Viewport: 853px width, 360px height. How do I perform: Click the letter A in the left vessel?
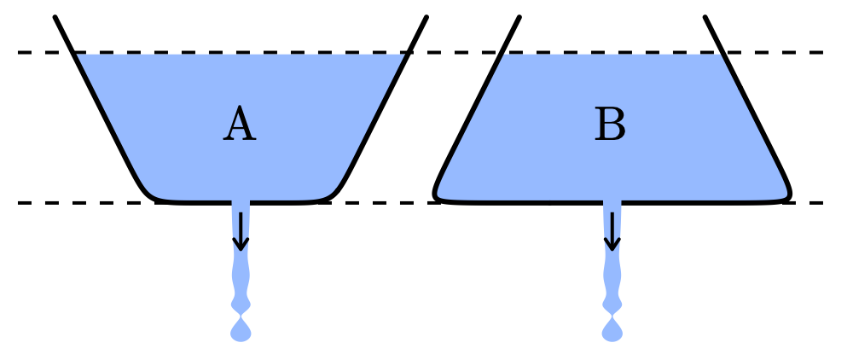pyautogui.click(x=240, y=126)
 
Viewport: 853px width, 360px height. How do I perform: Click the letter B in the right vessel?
pyautogui.click(x=610, y=126)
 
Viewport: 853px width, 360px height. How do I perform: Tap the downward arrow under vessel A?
pyautogui.click(x=241, y=232)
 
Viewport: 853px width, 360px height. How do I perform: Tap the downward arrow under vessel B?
pyautogui.click(x=612, y=232)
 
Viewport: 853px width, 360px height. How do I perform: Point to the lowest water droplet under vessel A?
pyautogui.click(x=241, y=331)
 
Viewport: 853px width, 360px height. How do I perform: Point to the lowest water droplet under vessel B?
pyautogui.click(x=612, y=331)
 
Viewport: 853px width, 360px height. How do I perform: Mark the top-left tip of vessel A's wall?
pyautogui.click(x=55, y=18)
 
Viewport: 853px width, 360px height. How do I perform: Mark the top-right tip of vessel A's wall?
pyautogui.click(x=426, y=18)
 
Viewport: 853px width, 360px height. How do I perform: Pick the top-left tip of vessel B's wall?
pyautogui.click(x=519, y=18)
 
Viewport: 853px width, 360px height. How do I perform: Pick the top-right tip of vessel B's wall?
pyautogui.click(x=705, y=18)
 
